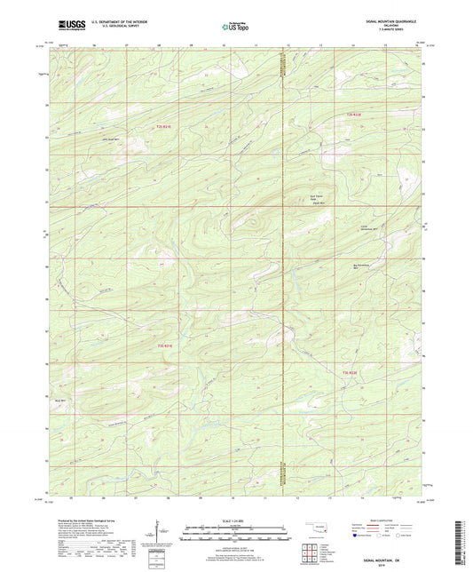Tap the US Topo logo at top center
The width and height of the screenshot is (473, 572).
(x=235, y=28)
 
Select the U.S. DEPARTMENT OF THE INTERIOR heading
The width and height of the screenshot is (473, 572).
(x=123, y=20)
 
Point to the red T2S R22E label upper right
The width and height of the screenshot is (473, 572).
(x=354, y=114)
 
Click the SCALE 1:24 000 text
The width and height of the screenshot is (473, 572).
(x=235, y=520)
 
